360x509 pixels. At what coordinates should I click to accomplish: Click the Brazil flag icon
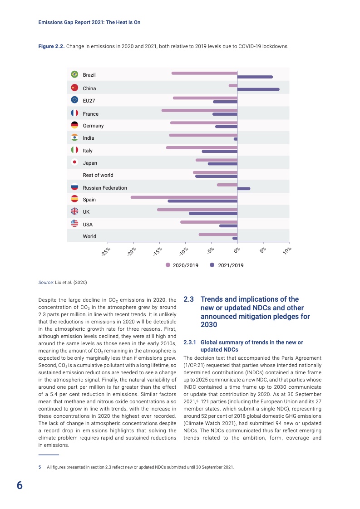[75, 74]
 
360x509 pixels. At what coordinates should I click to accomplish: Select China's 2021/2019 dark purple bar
[258, 89]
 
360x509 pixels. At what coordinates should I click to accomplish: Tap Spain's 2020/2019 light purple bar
[184, 197]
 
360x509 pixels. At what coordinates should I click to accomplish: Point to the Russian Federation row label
[105, 187]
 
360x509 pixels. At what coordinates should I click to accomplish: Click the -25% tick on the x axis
[106, 251]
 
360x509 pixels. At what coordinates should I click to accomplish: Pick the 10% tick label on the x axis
[286, 250]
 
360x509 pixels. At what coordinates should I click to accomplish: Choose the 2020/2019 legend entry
[182, 265]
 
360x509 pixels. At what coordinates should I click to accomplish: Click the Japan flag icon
[75, 162]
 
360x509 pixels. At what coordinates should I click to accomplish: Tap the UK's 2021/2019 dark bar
[213, 213]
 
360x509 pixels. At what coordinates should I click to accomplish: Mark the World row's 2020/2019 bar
[218, 234]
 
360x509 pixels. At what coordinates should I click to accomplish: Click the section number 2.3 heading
[188, 299]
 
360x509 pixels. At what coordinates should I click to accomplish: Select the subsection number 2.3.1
[189, 342]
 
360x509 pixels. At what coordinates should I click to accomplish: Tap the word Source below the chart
[46, 282]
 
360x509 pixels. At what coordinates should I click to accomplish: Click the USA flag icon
[75, 224]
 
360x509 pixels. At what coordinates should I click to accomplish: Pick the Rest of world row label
[98, 175]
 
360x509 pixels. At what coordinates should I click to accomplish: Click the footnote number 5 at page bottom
[39, 467]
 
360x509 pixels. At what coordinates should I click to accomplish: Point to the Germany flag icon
[75, 125]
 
